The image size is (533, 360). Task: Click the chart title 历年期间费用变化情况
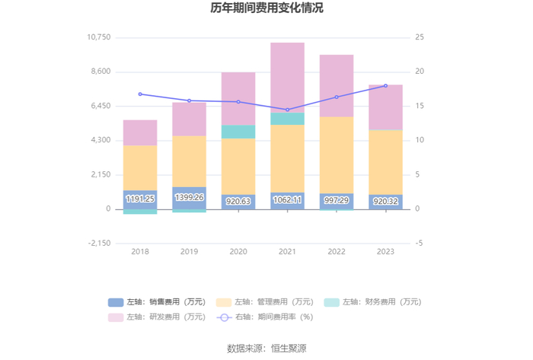pyautogui.click(x=266, y=9)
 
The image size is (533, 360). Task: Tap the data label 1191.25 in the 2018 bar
pyautogui.click(x=140, y=199)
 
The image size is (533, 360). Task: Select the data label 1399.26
pyautogui.click(x=189, y=198)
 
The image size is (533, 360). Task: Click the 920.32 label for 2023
pyautogui.click(x=385, y=201)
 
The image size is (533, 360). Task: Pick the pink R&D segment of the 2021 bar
pyautogui.click(x=287, y=76)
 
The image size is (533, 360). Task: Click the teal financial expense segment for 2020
pyautogui.click(x=238, y=132)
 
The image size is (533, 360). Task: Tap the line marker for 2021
pyautogui.click(x=287, y=110)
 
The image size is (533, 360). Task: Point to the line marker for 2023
pyautogui.click(x=385, y=86)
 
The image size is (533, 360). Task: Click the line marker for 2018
pyautogui.click(x=140, y=94)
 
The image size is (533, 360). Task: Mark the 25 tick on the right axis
pyautogui.click(x=419, y=37)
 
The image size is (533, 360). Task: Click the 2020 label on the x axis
pyautogui.click(x=238, y=251)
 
